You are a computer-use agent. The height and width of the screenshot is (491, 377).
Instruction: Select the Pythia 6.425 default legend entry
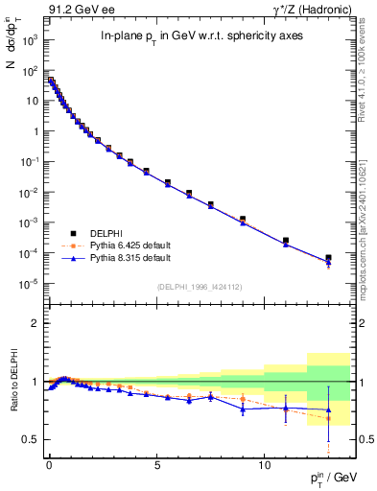(130, 245)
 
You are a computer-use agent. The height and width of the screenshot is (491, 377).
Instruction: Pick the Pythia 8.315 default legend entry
(130, 258)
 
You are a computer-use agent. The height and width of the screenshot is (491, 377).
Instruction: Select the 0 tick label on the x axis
(49, 463)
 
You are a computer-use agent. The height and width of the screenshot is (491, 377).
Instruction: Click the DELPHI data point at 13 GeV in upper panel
(329, 258)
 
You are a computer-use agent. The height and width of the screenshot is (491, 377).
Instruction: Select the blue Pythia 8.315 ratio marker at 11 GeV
(286, 409)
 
